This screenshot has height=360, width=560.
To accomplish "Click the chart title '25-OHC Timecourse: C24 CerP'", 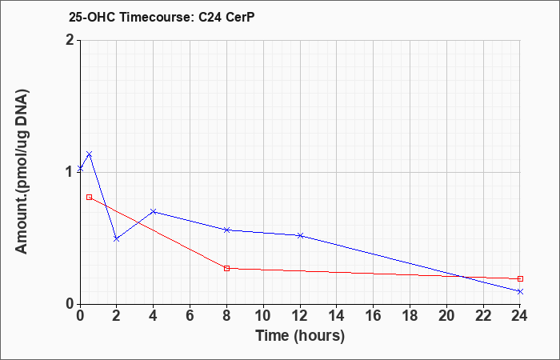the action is pyautogui.click(x=162, y=17).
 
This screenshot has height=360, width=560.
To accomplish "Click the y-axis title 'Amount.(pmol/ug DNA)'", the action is pyautogui.click(x=22, y=172).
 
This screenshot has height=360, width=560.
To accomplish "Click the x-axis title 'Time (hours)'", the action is pyautogui.click(x=300, y=336).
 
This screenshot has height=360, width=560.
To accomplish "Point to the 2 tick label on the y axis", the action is pyautogui.click(x=70, y=40).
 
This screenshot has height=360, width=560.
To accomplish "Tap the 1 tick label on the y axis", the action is pyautogui.click(x=70, y=172).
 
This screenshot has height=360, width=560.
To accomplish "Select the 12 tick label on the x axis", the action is pyautogui.click(x=300, y=316).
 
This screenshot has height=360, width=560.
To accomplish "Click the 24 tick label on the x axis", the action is pyautogui.click(x=520, y=316).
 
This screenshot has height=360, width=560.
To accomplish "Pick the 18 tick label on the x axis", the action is pyautogui.click(x=410, y=316).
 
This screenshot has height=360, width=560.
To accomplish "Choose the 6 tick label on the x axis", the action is pyautogui.click(x=190, y=316).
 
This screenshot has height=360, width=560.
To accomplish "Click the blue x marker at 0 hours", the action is pyautogui.click(x=80, y=168).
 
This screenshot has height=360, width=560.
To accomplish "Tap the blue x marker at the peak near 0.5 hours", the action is pyautogui.click(x=90, y=154).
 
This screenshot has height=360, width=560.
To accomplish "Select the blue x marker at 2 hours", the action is pyautogui.click(x=117, y=238).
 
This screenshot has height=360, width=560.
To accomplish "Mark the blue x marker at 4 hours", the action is pyautogui.click(x=154, y=211).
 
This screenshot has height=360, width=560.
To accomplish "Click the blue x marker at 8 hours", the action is pyautogui.click(x=226, y=230).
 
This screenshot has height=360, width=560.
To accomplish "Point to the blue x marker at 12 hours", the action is pyautogui.click(x=300, y=235).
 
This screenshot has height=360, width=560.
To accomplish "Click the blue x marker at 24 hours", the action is pyautogui.click(x=520, y=291).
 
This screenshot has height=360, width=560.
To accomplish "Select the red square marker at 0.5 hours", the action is pyautogui.click(x=90, y=197).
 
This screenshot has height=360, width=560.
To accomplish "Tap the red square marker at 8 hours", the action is pyautogui.click(x=226, y=268).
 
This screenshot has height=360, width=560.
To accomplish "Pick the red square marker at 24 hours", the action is pyautogui.click(x=520, y=278).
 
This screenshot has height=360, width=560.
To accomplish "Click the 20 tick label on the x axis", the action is pyautogui.click(x=446, y=316).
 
